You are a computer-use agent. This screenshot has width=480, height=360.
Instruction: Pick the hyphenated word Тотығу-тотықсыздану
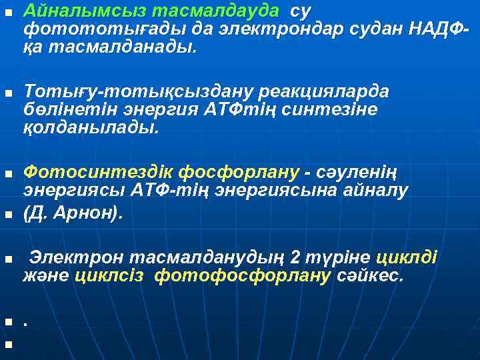(x=129, y=91)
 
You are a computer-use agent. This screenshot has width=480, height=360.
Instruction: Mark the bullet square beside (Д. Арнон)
(x=8, y=215)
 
